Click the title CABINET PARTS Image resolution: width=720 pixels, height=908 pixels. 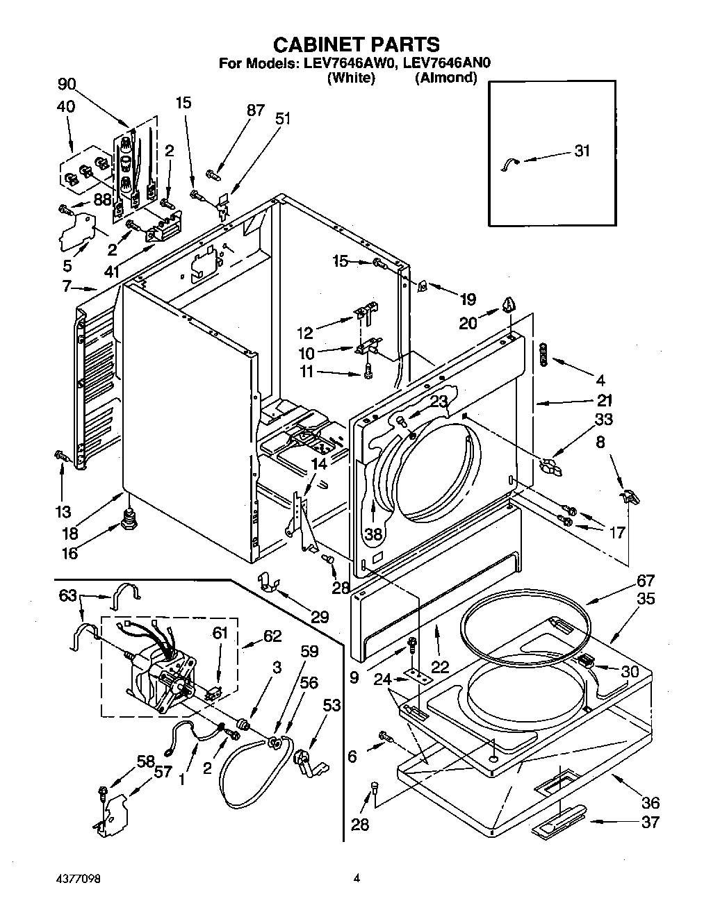[356, 44]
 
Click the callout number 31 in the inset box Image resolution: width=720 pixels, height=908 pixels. [582, 151]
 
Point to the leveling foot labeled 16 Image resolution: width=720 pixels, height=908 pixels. [127, 519]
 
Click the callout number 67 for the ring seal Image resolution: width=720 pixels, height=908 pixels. [646, 581]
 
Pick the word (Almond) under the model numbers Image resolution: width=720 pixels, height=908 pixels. [445, 78]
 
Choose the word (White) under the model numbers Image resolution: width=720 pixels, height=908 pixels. [351, 78]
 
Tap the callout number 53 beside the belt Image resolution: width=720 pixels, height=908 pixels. [332, 706]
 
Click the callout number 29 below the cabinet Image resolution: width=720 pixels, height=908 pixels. [320, 616]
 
